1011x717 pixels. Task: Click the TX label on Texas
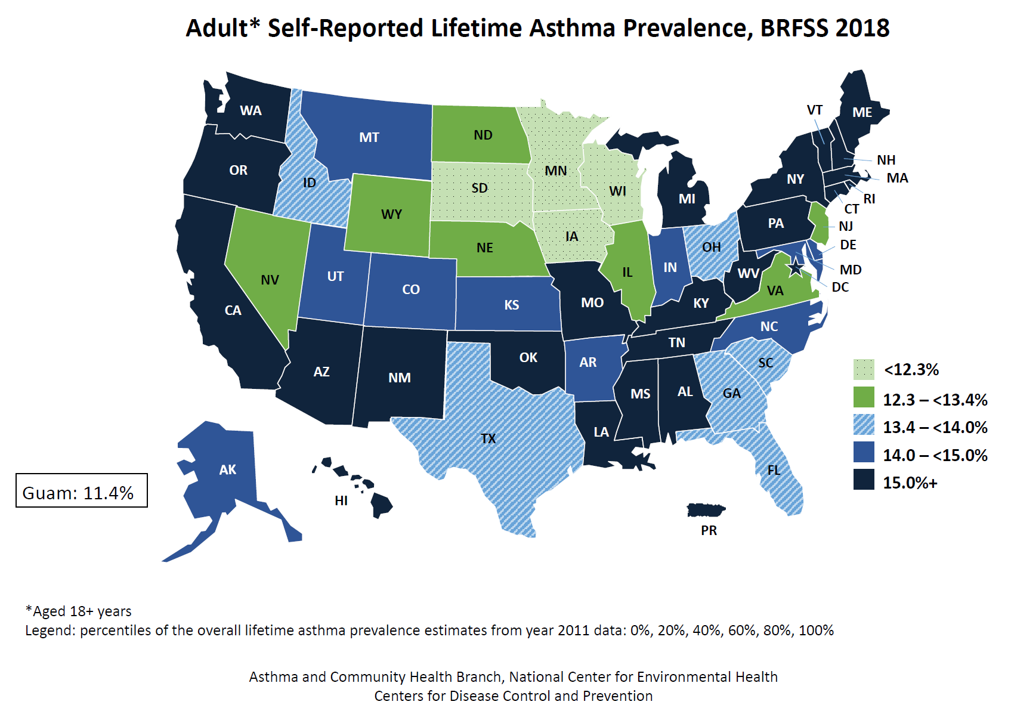(488, 439)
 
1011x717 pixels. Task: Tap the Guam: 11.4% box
(82, 490)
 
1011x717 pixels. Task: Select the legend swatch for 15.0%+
(863, 480)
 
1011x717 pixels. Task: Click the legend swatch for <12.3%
(863, 369)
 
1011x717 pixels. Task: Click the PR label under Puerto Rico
(709, 530)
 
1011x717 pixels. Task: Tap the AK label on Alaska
(227, 470)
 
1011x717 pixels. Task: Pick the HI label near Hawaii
(341, 500)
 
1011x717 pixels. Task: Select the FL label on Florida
(774, 470)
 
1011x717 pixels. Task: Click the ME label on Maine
(862, 112)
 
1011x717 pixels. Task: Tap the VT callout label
(814, 110)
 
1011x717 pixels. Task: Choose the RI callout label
(869, 199)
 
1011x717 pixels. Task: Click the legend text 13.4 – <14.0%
(935, 427)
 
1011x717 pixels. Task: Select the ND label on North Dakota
(483, 135)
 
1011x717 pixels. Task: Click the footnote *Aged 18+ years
(78, 611)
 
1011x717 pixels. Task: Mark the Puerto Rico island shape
(706, 511)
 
